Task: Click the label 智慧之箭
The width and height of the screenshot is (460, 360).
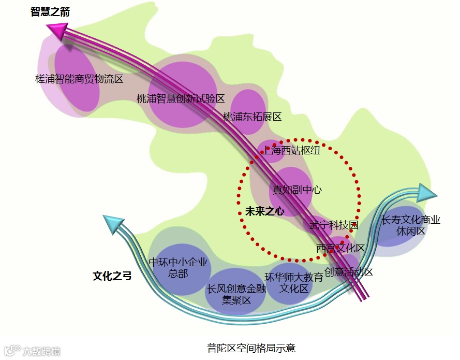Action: pyautogui.click(x=50, y=12)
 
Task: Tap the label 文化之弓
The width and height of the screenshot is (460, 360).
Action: pyautogui.click(x=112, y=276)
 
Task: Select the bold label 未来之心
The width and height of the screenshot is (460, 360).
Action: pyautogui.click(x=265, y=211)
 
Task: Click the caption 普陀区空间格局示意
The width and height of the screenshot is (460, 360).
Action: pyautogui.click(x=251, y=348)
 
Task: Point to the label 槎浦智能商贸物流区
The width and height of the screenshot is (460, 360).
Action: pyautogui.click(x=79, y=79)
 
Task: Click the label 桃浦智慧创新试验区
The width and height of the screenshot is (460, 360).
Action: pyautogui.click(x=181, y=98)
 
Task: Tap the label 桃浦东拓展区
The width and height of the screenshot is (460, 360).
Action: pyautogui.click(x=252, y=117)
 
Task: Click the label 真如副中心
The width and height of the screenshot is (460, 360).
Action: pyautogui.click(x=298, y=190)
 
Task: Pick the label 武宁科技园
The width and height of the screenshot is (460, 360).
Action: pyautogui.click(x=334, y=225)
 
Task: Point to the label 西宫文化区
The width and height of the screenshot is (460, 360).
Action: pyautogui.click(x=341, y=248)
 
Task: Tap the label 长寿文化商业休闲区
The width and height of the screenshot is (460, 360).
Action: pyautogui.click(x=411, y=225)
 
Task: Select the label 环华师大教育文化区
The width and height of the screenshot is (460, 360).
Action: pyautogui.click(x=294, y=283)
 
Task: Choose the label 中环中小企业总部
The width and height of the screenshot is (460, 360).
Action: pyautogui.click(x=178, y=268)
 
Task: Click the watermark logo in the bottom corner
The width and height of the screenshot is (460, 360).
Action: pyautogui.click(x=32, y=351)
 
